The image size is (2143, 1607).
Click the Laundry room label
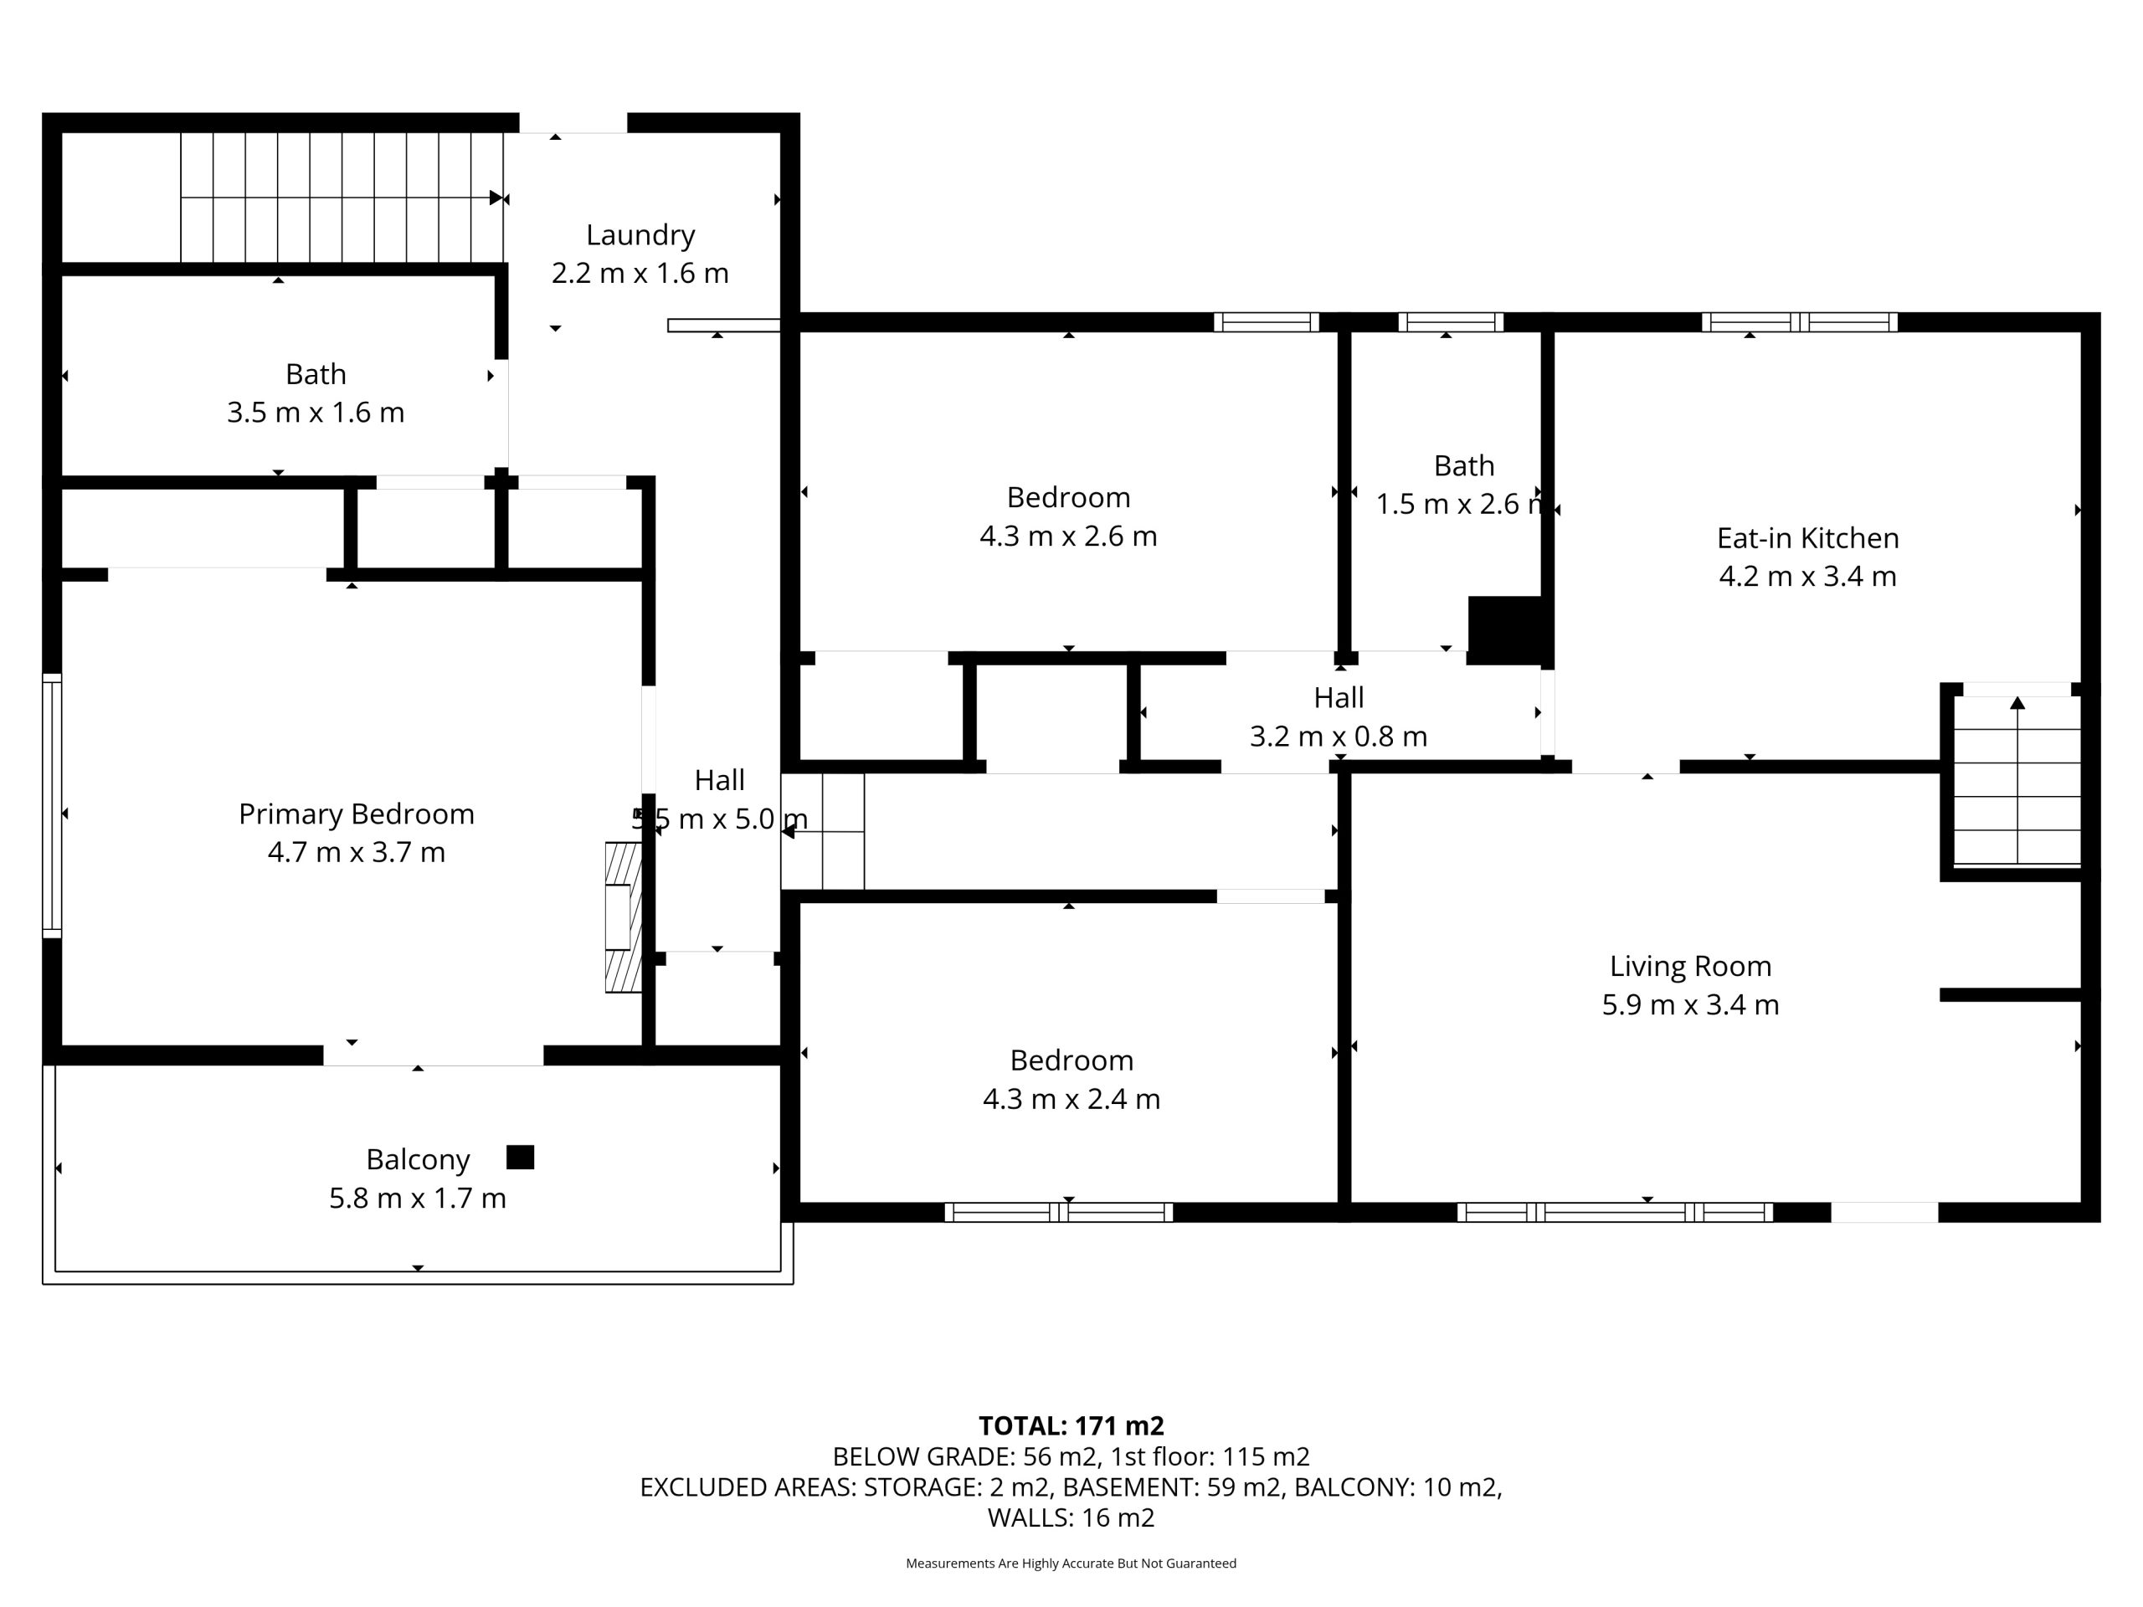click(x=640, y=235)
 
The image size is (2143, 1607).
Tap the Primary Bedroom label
click(x=357, y=814)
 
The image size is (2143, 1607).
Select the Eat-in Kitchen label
click(x=1808, y=537)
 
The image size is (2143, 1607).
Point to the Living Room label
click(x=1691, y=966)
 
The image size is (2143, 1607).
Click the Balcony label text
click(x=418, y=1159)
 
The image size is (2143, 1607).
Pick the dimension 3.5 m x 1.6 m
click(x=316, y=413)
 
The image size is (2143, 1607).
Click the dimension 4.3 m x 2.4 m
click(x=1071, y=1098)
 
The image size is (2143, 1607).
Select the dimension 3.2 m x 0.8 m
click(x=1339, y=737)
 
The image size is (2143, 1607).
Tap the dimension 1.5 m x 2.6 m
click(x=1460, y=504)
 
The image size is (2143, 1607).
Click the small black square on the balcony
click(x=520, y=1158)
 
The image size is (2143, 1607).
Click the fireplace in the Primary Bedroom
click(x=623, y=917)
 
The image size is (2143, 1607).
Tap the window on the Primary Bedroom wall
click(x=52, y=806)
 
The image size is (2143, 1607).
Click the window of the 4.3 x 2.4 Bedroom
click(x=1059, y=1212)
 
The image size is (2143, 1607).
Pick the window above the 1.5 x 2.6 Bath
click(x=1451, y=321)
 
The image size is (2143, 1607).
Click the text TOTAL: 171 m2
click(x=1071, y=1426)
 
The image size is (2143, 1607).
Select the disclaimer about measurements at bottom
click(x=1071, y=1563)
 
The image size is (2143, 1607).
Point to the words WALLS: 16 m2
click(x=1071, y=1518)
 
